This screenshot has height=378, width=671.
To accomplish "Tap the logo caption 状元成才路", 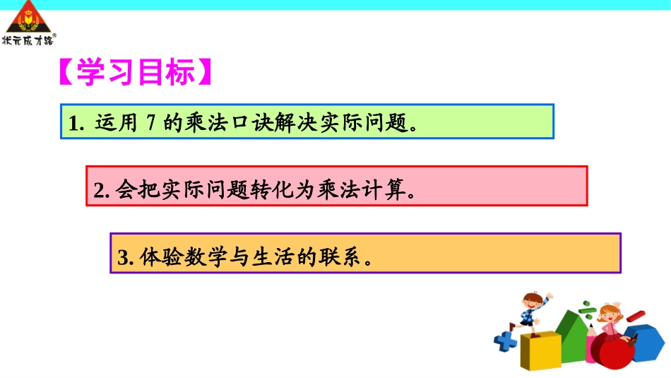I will tap(28, 40).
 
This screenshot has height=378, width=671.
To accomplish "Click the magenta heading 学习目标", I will tap(134, 72).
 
